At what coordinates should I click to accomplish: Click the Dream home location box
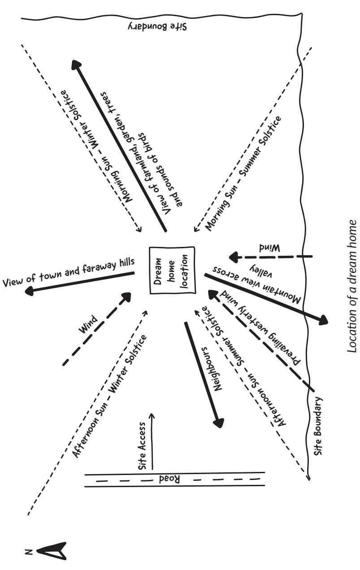click(172, 270)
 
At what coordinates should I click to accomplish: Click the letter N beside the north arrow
click(28, 549)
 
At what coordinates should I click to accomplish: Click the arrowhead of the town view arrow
click(30, 291)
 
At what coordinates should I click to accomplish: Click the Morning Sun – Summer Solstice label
click(245, 173)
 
